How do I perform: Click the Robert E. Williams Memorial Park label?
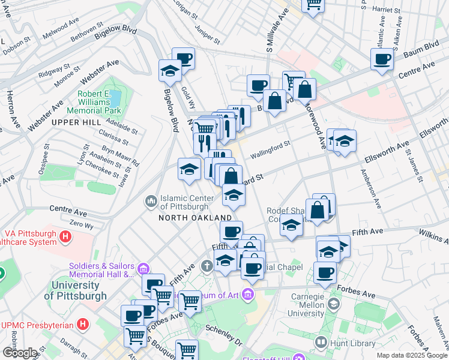pos(99,103)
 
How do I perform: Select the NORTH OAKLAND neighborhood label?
pos(195,217)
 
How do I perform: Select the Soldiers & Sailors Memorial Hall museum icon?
pos(143,268)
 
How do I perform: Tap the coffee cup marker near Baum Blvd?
pos(382,59)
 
